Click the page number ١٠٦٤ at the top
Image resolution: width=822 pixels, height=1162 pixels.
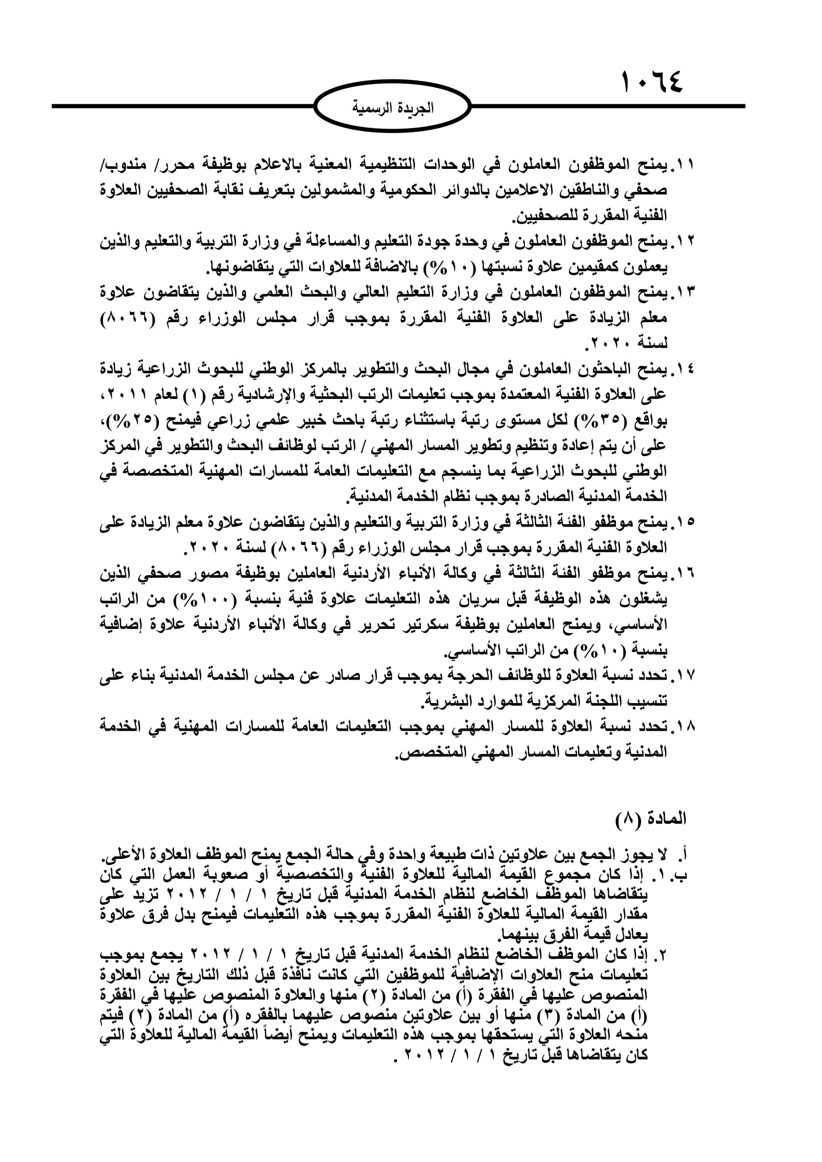[x=652, y=82]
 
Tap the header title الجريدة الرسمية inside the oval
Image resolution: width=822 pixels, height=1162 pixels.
[x=392, y=108]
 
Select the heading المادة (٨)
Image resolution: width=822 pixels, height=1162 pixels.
[x=651, y=818]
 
